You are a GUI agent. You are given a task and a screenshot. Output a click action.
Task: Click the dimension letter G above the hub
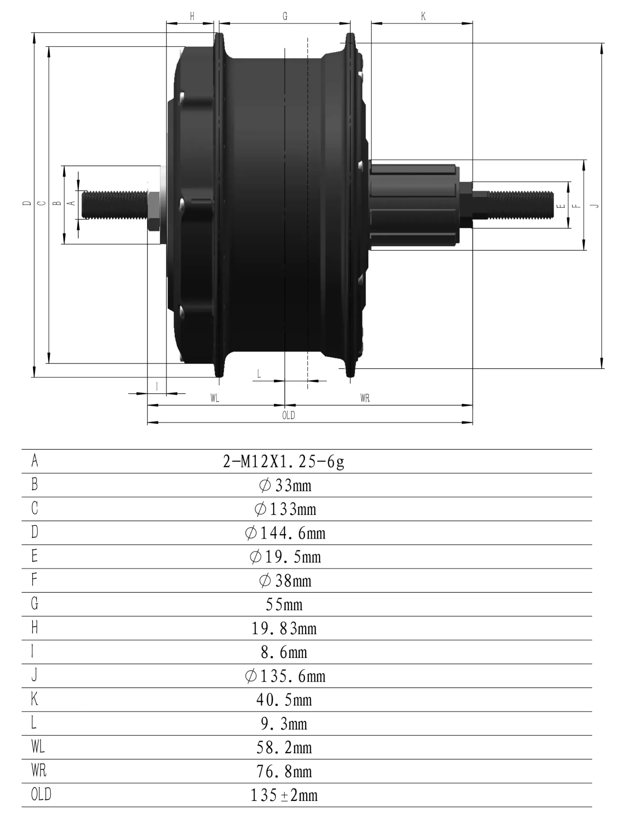click(x=285, y=16)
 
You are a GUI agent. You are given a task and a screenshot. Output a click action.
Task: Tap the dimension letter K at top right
click(x=423, y=16)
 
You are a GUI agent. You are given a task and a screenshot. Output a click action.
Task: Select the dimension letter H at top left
click(x=192, y=16)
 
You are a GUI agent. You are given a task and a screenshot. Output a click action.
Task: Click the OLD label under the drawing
click(x=288, y=415)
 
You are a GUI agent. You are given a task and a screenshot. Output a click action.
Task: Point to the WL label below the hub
click(x=215, y=398)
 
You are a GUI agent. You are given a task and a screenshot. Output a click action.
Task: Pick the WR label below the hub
click(x=365, y=398)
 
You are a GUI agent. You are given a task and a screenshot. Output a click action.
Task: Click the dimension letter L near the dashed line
click(x=259, y=374)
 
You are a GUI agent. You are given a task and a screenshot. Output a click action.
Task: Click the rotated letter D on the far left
click(x=27, y=203)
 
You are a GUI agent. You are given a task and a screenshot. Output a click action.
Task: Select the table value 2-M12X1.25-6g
click(x=283, y=462)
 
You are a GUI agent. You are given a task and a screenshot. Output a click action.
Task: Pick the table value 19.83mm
click(x=284, y=628)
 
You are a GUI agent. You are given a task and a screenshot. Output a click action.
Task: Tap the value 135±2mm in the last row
click(x=284, y=795)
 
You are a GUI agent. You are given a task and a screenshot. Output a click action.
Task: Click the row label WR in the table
click(x=39, y=770)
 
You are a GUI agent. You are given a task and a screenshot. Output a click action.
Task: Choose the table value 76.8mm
click(x=284, y=772)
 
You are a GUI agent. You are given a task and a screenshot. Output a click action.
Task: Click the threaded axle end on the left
click(x=114, y=205)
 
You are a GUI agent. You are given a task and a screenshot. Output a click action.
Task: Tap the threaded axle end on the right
click(x=520, y=205)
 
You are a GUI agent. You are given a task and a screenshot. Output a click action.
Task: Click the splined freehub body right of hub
click(x=414, y=205)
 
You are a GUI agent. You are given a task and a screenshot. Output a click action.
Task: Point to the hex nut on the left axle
click(x=154, y=211)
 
